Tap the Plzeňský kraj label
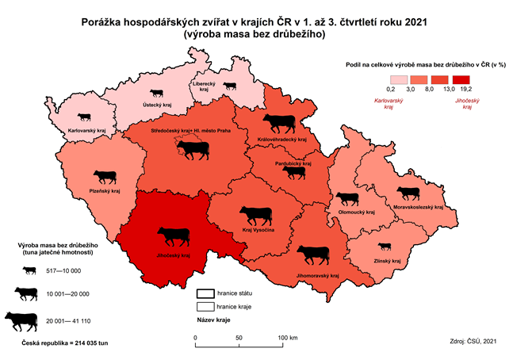105,191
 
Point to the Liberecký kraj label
208,89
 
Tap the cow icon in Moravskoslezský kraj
408,193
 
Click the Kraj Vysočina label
258,229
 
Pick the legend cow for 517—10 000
29,270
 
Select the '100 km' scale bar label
286,338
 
